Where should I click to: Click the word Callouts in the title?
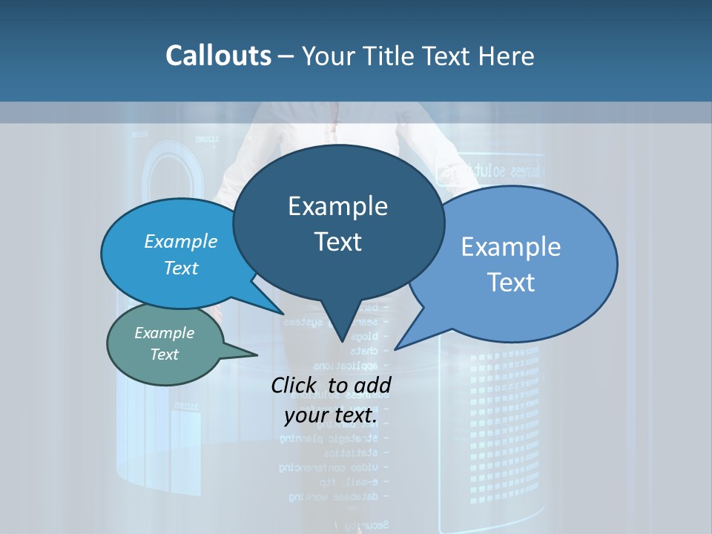coord(218,56)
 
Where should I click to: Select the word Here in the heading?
coord(506,56)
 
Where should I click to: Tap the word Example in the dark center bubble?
coord(337,206)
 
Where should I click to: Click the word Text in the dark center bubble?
coord(337,242)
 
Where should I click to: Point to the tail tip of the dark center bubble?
coord(342,342)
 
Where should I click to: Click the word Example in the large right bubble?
coord(511,247)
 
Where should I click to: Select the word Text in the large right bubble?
coord(511,283)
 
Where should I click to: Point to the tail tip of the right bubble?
coord(395,349)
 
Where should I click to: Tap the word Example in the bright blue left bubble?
coord(180,242)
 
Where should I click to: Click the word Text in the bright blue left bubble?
coord(180,268)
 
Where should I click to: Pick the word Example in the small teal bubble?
coord(164,333)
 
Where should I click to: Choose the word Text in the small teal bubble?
coord(164,355)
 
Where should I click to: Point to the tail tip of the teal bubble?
coord(257,355)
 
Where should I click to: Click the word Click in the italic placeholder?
coord(294,385)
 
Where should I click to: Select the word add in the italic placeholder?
coord(372,385)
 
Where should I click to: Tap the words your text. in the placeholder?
coord(331,416)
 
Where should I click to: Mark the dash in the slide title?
coord(286,56)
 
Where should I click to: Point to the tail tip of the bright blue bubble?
coord(284,313)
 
